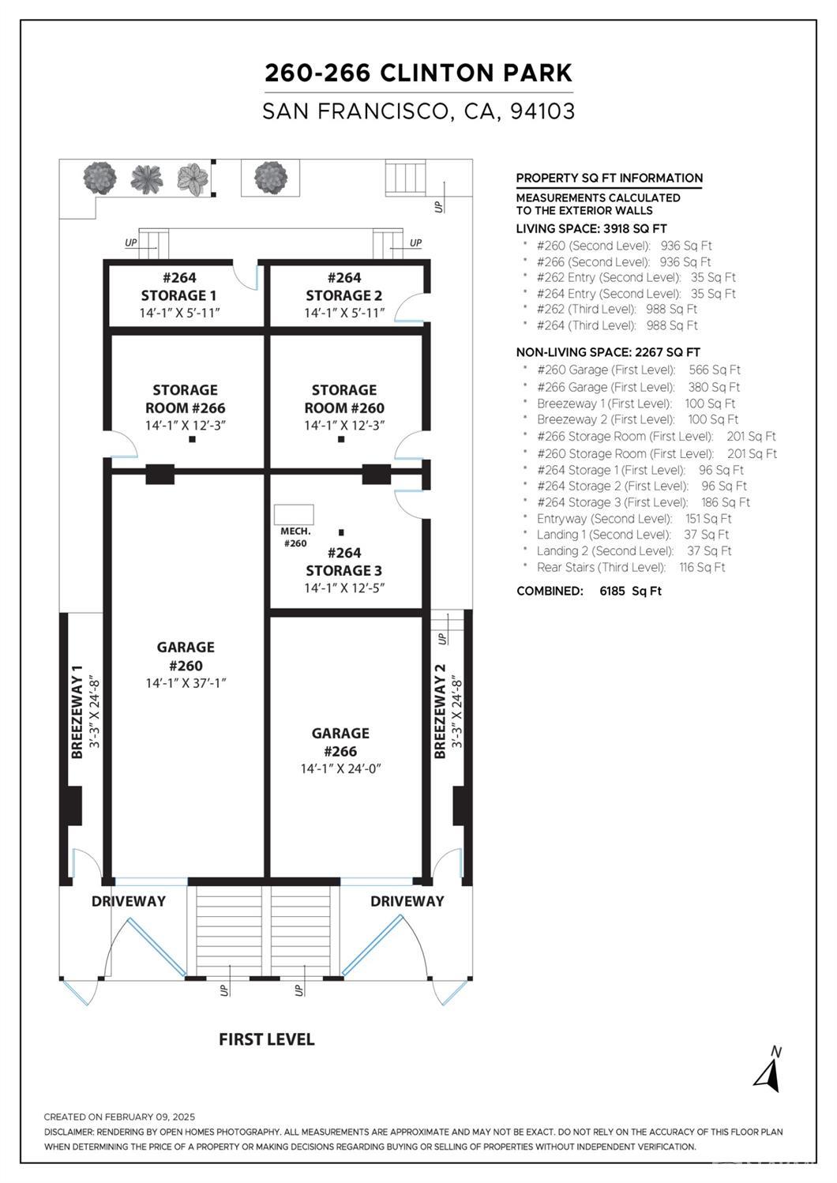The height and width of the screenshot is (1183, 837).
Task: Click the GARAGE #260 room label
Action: [x=186, y=656]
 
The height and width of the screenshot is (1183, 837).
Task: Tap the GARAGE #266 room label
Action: [x=340, y=742]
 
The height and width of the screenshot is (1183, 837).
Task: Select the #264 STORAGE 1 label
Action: [x=179, y=286]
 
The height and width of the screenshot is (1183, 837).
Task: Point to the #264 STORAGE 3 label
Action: [x=344, y=561]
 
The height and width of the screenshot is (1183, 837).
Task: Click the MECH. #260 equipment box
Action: [x=294, y=514]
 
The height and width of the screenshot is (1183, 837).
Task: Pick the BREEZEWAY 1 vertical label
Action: [x=77, y=712]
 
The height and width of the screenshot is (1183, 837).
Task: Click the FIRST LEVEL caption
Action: [x=267, y=1039]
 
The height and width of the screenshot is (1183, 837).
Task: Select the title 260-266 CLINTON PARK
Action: [x=418, y=73]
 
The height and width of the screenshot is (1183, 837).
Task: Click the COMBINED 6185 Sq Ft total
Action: [x=589, y=591]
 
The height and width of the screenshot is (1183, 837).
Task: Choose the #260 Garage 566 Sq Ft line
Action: [x=639, y=370]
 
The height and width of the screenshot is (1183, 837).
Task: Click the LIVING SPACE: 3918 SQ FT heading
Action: [x=591, y=229]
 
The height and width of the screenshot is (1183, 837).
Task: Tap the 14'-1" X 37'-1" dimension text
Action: [x=186, y=683]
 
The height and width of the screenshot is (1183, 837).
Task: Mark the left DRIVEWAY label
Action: [x=129, y=901]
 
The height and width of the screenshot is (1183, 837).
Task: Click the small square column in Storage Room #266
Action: [x=192, y=439]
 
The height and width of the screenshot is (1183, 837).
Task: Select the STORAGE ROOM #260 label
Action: [x=344, y=399]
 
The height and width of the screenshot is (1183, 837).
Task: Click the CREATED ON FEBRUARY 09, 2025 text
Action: [x=119, y=1117]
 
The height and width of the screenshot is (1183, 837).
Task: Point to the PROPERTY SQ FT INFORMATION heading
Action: [x=610, y=178]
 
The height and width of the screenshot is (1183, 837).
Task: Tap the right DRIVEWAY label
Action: [x=407, y=901]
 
